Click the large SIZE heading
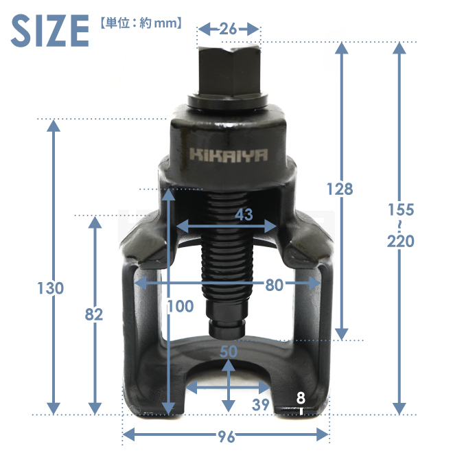click(49, 31)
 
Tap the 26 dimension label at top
click(228, 29)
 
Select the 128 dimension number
click(340, 189)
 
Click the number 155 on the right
click(401, 210)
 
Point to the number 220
click(401, 241)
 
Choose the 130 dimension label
click(51, 288)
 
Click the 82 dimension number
click(94, 314)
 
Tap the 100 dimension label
click(181, 306)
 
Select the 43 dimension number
click(244, 214)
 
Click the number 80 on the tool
click(274, 285)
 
